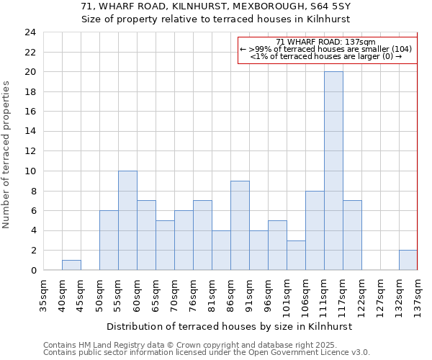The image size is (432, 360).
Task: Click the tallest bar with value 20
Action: coord(333,171)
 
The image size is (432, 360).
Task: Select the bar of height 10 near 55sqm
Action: coord(127,220)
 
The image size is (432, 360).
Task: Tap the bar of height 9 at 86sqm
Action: coord(240,225)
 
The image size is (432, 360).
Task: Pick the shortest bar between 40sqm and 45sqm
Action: coord(71,265)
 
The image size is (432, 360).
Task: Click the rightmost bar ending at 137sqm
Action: coord(408,260)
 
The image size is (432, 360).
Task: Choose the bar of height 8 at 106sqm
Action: coord(315,230)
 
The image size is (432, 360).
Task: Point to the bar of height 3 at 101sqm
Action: coord(296,255)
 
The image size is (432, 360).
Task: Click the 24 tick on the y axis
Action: coord(30,32)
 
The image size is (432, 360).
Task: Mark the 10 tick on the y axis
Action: coord(30,171)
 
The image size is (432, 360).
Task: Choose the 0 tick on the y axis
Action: coord(33,270)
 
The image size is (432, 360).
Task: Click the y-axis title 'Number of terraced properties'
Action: coord(7,154)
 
